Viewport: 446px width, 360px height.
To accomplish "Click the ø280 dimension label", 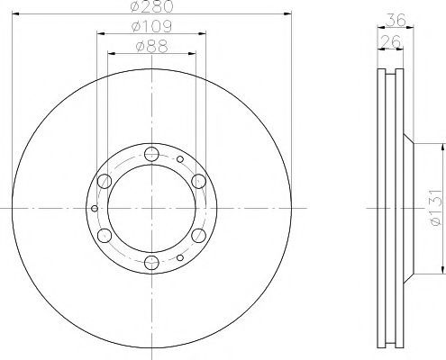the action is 152,6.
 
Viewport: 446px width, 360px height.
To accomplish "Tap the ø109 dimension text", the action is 151,26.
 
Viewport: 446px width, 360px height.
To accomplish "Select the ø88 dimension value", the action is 151,47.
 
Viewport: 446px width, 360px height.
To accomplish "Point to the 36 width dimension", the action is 396,20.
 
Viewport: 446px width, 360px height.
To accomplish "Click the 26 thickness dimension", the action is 390,41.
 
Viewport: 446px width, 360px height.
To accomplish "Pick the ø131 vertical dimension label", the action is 436,207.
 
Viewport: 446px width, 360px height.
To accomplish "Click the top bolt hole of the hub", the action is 151,154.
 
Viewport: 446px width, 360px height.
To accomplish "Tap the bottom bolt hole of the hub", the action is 151,262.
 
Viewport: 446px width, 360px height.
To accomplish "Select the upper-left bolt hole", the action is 105,181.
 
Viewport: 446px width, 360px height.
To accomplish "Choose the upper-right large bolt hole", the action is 198,181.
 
